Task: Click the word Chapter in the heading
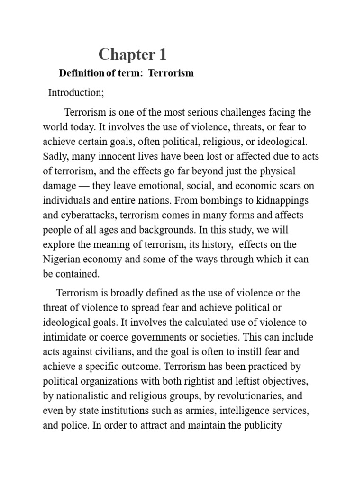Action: click(x=122, y=55)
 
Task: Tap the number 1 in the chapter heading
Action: click(x=163, y=55)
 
